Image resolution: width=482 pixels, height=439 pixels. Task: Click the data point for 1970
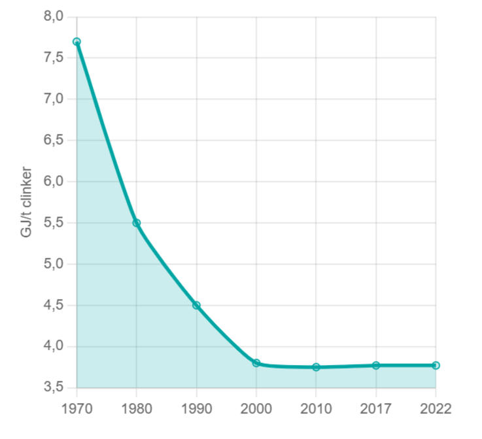77,42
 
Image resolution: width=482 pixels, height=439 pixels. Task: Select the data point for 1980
137,223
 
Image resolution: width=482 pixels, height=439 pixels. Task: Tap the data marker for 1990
196,305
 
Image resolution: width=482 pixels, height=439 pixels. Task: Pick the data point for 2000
256,363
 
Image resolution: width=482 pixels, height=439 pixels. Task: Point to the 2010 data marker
316,367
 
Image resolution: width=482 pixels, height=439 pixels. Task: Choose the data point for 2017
376,365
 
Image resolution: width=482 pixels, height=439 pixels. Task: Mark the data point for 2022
436,365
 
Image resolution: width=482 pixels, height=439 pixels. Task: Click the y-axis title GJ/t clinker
27,202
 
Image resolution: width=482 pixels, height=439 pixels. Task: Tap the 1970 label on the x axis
77,409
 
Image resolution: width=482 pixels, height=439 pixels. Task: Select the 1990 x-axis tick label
196,409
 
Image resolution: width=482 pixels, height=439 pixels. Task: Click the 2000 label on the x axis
256,409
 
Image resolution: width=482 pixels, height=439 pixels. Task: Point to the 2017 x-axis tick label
376,409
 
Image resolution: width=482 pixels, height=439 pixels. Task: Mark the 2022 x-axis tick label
436,409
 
